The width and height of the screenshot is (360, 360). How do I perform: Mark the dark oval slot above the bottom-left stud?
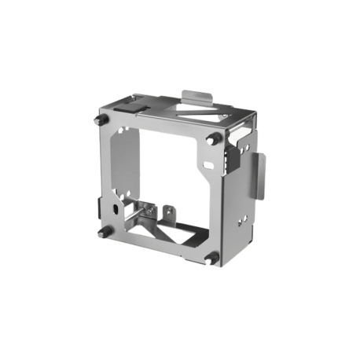117,211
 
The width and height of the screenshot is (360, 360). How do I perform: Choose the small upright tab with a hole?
167,213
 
